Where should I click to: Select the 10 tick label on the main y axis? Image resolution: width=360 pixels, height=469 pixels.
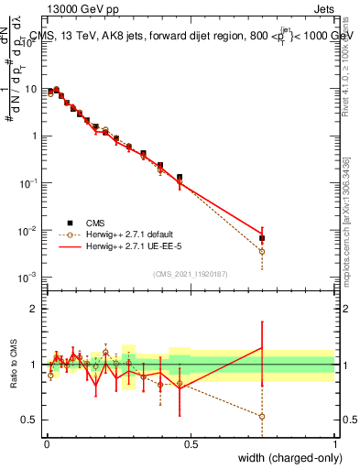[32, 89]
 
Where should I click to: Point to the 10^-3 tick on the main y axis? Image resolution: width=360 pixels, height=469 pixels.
[29, 277]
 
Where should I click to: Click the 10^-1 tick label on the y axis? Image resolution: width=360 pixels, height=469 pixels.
[29, 182]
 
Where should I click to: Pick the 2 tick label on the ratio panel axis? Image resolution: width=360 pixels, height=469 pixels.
[36, 309]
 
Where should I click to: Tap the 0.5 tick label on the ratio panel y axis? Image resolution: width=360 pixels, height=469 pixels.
[32, 420]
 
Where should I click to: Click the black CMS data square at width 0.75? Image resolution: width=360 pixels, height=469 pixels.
[263, 238]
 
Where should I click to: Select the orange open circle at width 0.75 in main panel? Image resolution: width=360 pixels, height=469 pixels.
[263, 251]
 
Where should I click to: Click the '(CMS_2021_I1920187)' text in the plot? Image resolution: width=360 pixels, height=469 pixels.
[191, 274]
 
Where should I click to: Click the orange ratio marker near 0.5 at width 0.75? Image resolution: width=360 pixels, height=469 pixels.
[263, 416]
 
